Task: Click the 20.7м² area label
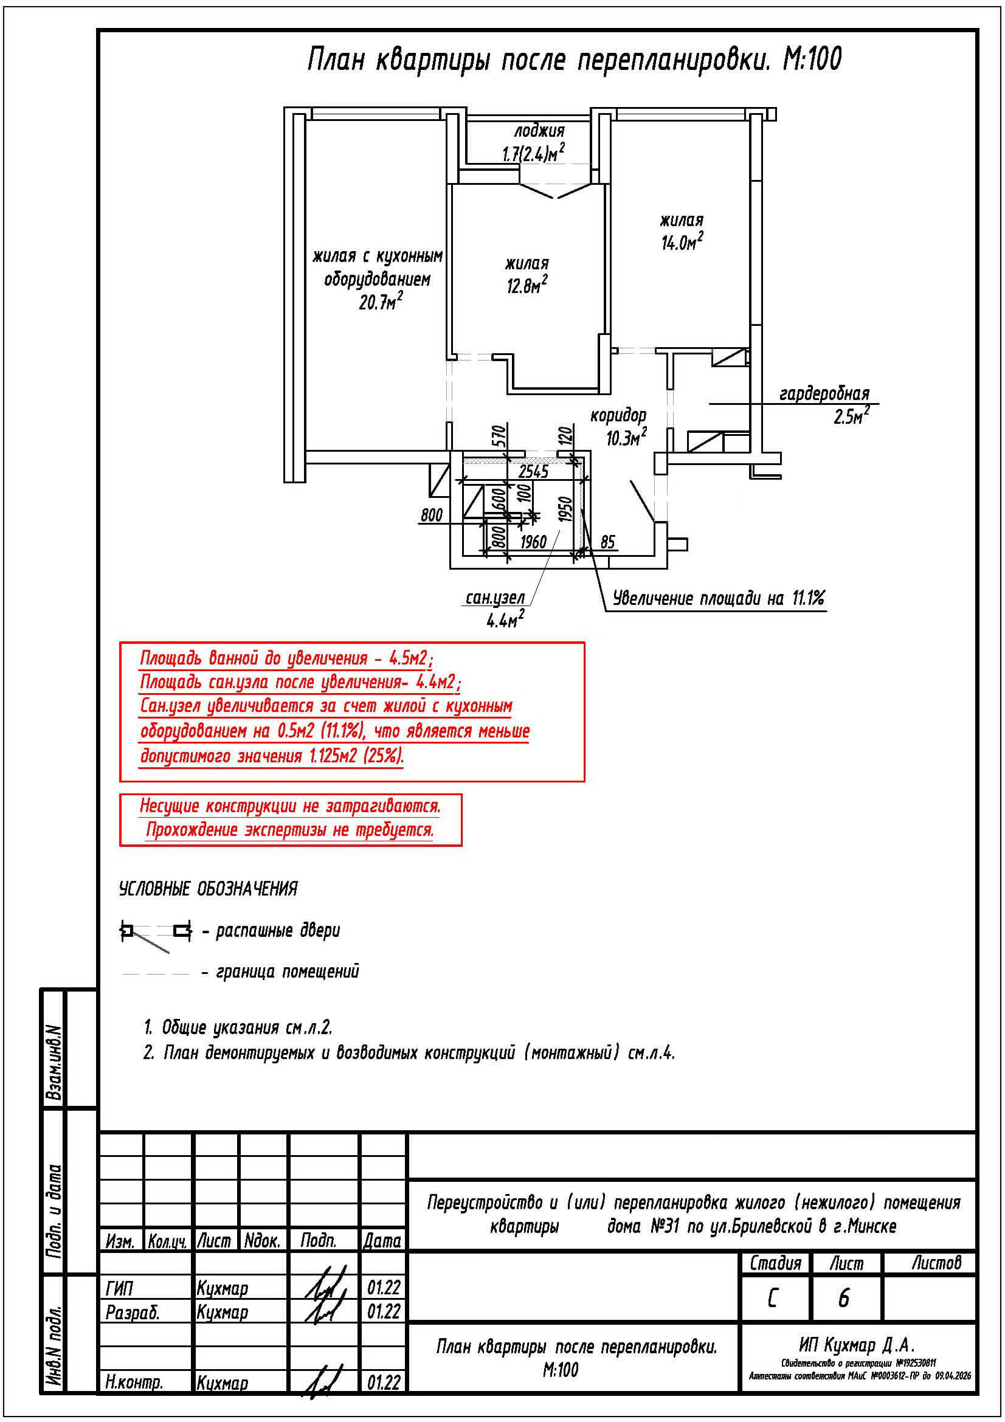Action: (381, 303)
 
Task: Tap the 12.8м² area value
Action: (527, 286)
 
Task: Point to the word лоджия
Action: (539, 131)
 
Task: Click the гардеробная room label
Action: (824, 394)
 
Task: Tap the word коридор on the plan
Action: (618, 415)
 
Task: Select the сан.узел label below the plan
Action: (495, 598)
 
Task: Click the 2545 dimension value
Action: (533, 472)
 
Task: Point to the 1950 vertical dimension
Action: (564, 509)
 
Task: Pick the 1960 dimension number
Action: (533, 543)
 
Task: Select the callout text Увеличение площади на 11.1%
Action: (719, 598)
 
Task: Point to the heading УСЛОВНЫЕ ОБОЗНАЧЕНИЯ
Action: (208, 889)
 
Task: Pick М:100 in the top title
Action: (812, 60)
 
